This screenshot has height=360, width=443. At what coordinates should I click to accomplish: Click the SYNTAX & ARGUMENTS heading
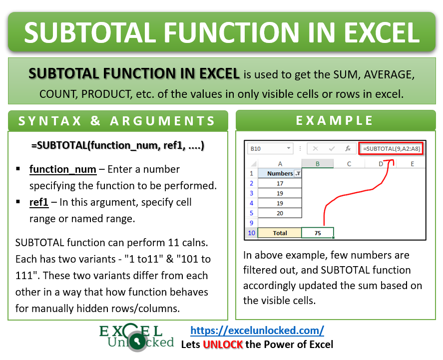118,121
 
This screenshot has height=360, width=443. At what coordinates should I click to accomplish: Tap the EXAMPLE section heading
335,120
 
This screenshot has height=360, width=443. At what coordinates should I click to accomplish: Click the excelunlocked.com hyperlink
257,331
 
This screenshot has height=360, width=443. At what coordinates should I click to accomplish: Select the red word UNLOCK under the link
223,345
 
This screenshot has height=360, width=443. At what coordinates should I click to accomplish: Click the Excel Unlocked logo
136,338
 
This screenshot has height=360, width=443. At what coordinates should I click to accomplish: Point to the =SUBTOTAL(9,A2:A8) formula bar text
393,148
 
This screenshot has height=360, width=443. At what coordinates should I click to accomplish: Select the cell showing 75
318,233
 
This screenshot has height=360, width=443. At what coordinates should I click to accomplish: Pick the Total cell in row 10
280,233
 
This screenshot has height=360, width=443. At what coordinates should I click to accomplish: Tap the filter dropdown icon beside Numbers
298,173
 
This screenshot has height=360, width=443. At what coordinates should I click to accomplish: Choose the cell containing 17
280,183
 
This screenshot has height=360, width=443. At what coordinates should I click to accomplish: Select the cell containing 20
280,213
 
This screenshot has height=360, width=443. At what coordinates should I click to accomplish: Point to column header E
412,164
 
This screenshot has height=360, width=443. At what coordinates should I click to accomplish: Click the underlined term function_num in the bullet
63,169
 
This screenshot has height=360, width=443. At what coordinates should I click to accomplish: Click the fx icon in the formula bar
348,148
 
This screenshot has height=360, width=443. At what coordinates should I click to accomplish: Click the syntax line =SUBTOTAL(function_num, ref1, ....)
117,146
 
